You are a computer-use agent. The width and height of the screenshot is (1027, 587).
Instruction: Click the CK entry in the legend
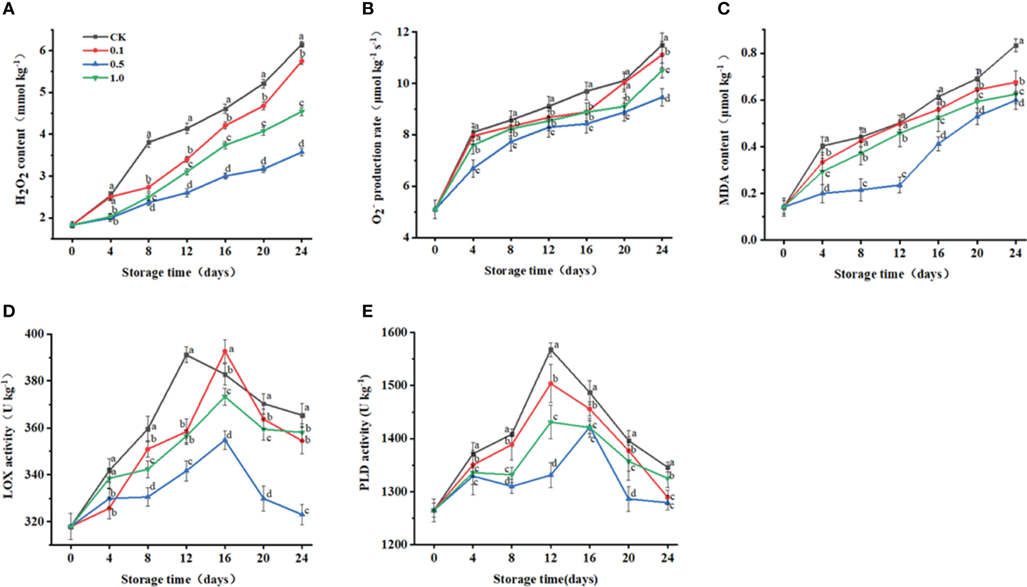tap(117, 37)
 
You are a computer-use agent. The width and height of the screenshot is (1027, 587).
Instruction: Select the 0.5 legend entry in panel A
tap(117, 65)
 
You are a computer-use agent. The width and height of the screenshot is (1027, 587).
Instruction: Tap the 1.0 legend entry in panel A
tap(117, 78)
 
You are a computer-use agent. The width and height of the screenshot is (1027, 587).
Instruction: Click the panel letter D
tap(8, 311)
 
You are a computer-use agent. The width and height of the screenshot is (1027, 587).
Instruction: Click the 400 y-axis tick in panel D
tap(38, 334)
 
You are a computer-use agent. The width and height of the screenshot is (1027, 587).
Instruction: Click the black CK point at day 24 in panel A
tap(301, 44)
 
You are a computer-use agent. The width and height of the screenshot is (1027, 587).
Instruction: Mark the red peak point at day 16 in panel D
tap(225, 351)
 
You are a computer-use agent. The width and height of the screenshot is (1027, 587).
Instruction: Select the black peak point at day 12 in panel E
tap(551, 350)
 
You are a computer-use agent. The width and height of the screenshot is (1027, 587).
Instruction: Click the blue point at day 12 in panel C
tap(900, 185)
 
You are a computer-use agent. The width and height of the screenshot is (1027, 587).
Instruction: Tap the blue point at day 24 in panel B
tap(662, 97)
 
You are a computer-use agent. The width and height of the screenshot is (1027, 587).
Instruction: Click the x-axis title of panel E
tap(545, 579)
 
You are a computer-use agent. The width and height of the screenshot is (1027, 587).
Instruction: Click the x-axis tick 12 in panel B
tap(548, 250)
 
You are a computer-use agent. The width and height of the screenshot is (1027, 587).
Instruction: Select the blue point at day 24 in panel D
tap(302, 514)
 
